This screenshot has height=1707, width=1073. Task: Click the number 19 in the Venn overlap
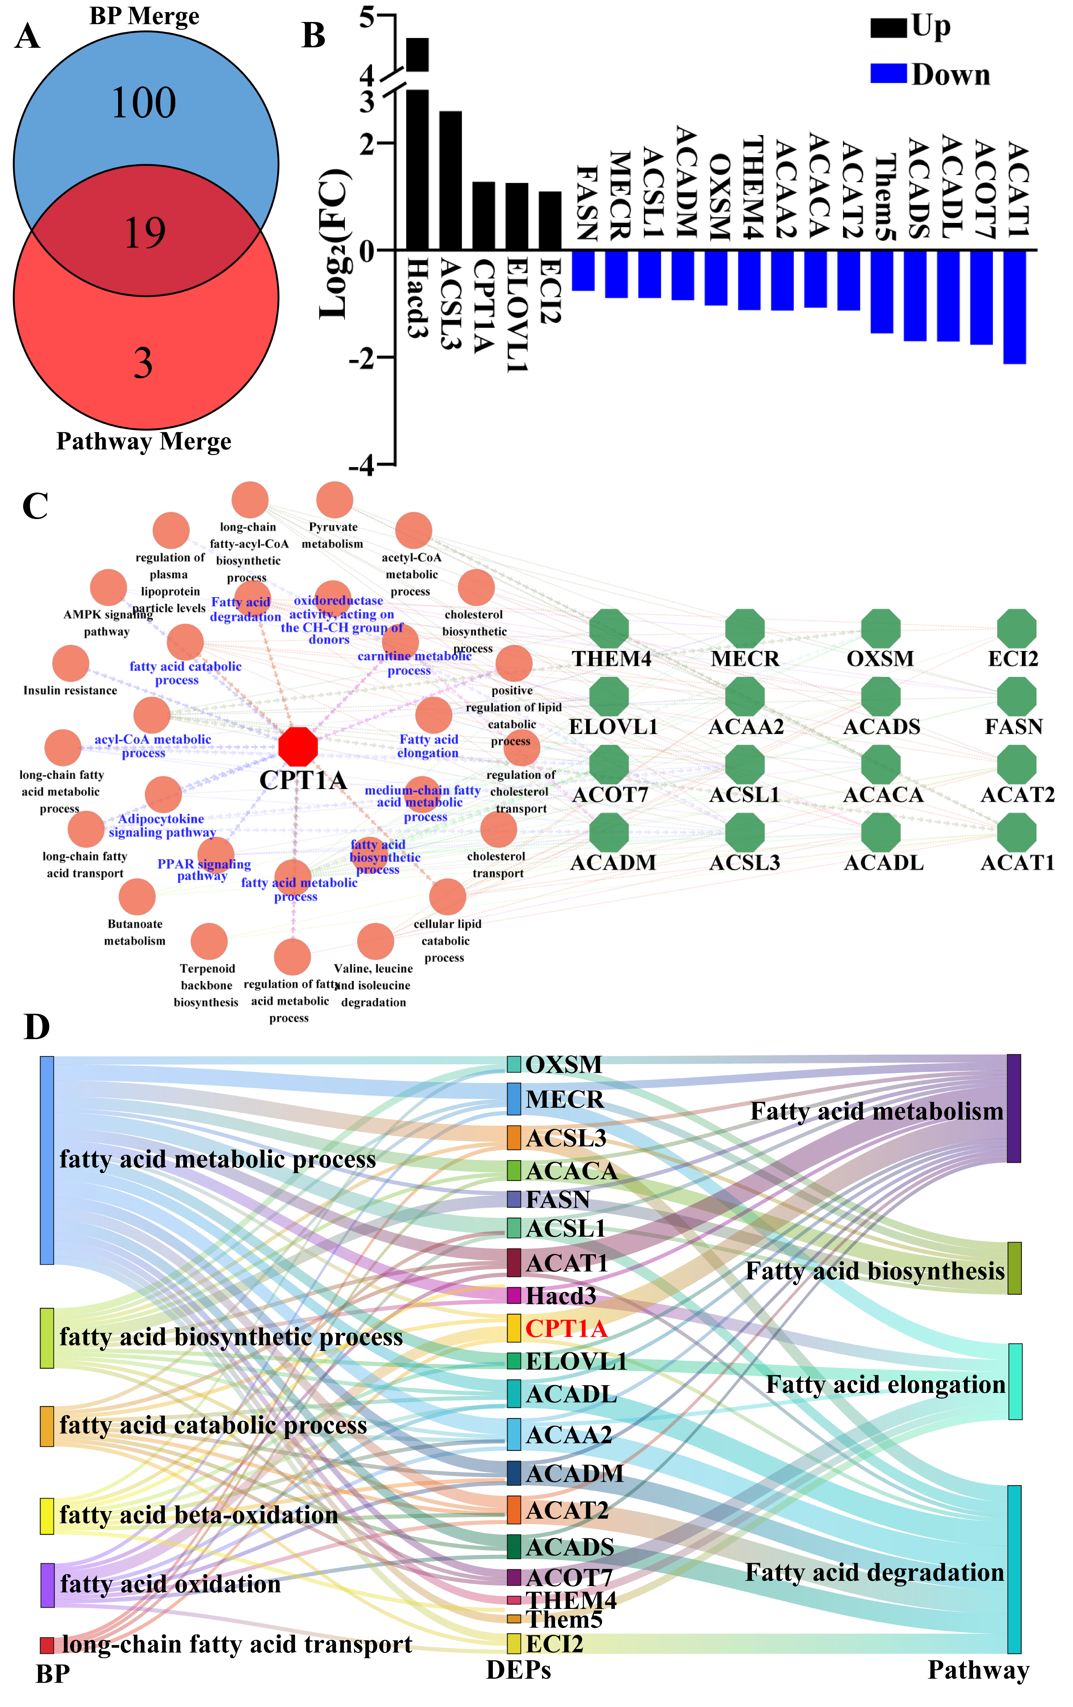coord(145,233)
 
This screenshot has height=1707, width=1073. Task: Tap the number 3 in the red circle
coord(143,363)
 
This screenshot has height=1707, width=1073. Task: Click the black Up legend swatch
coord(888,28)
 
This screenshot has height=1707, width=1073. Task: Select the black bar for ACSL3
coord(450,180)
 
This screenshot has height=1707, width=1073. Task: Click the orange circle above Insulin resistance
coord(71,663)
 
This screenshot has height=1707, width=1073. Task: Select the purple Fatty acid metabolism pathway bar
coord(1013,1108)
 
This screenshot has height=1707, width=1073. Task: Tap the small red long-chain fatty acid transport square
coord(47,1644)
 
